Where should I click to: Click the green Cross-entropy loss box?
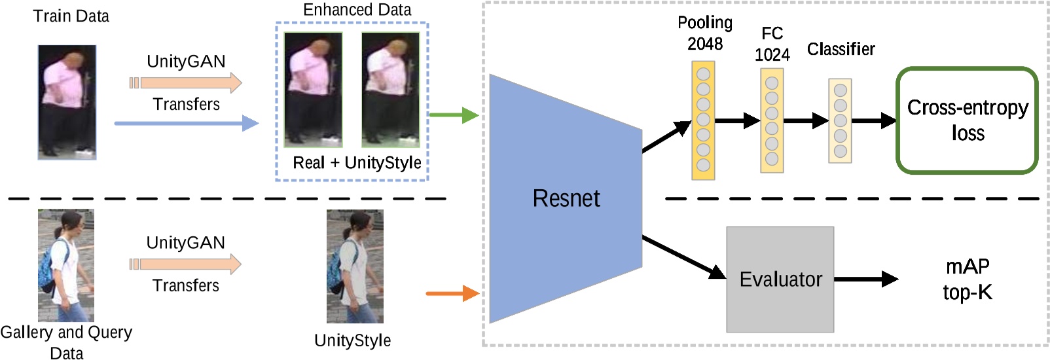click(x=967, y=120)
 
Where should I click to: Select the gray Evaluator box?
click(x=780, y=279)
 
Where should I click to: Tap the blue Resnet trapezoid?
click(x=566, y=198)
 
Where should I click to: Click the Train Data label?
click(x=71, y=16)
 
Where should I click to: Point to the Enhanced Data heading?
click(x=357, y=10)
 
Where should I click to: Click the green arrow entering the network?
click(x=454, y=115)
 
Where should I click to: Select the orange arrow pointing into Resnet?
click(x=452, y=293)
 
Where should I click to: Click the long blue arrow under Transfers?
click(x=186, y=123)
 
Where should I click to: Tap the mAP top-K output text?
click(x=967, y=279)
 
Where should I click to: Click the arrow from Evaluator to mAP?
click(x=865, y=279)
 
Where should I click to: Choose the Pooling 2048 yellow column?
click(x=703, y=120)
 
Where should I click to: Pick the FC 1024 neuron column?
click(x=772, y=120)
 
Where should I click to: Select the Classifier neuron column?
click(x=840, y=120)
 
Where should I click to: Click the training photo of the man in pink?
click(x=67, y=102)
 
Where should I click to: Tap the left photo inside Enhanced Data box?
click(x=313, y=90)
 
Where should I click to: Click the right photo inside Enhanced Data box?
click(x=391, y=90)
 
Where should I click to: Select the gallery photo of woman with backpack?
click(x=66, y=265)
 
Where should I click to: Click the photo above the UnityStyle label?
click(x=355, y=266)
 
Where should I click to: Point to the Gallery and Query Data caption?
click(x=66, y=342)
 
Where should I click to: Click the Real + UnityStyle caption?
click(x=357, y=162)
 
